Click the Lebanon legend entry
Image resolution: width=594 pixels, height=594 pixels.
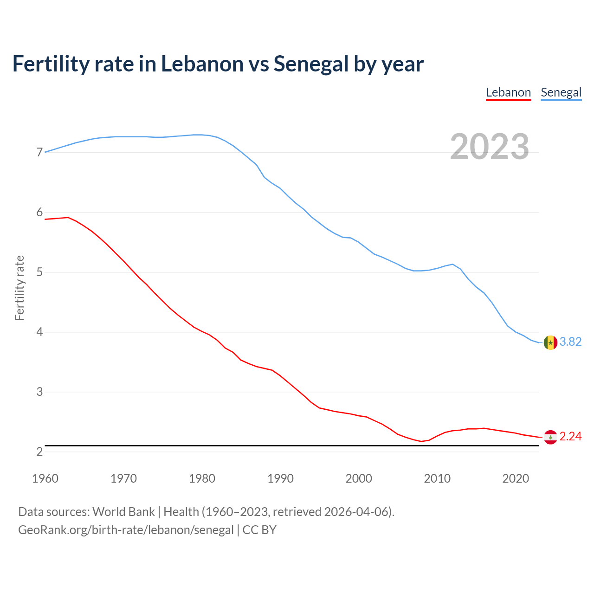click(x=508, y=92)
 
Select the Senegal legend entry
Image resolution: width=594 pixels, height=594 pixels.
click(x=561, y=92)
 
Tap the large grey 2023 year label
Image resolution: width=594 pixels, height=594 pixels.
click(x=490, y=147)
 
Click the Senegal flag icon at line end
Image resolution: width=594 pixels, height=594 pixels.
click(x=550, y=342)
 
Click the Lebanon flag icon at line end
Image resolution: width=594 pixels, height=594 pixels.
click(x=550, y=437)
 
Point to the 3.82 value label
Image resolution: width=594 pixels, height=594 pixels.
click(x=570, y=342)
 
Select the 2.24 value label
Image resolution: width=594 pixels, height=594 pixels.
click(x=570, y=437)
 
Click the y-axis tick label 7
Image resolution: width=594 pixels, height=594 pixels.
click(x=39, y=153)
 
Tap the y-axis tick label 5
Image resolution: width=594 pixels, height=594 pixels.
click(x=39, y=272)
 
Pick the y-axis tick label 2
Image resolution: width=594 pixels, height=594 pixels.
click(x=39, y=452)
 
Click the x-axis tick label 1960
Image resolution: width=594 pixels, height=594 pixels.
click(x=45, y=478)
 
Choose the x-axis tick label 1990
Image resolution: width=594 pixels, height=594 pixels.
click(x=280, y=478)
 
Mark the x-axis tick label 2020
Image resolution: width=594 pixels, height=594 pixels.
click(x=516, y=478)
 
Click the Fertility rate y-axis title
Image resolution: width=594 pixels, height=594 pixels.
click(x=19, y=288)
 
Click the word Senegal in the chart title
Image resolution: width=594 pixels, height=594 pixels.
click(x=311, y=64)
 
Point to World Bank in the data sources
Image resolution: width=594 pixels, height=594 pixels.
click(x=123, y=512)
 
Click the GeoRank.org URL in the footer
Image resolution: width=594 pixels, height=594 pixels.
click(x=126, y=530)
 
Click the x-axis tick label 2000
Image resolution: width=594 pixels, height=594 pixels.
click(x=359, y=478)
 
